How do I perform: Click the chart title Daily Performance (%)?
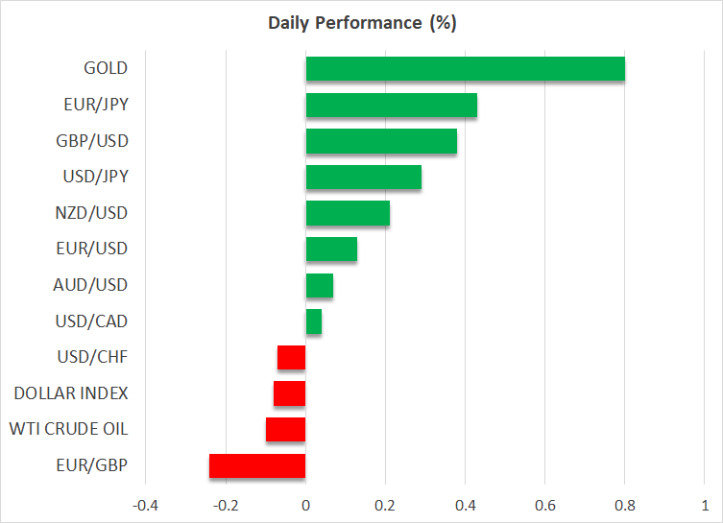[x=361, y=22]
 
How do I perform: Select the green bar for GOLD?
[x=465, y=69]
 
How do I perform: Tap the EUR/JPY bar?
[x=391, y=106]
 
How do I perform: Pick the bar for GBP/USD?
[x=381, y=141]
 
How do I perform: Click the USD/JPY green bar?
[x=363, y=178]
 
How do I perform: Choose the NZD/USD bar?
[x=348, y=213]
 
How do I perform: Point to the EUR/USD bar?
[x=331, y=250]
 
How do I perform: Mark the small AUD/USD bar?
[x=319, y=285]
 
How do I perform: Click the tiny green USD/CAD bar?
[x=313, y=321]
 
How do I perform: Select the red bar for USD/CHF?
[x=292, y=358]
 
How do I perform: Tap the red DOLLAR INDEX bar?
[x=289, y=393]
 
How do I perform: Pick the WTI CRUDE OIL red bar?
[x=285, y=429]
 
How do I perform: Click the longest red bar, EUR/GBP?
[x=257, y=465]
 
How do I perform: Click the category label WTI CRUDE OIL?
[x=70, y=429]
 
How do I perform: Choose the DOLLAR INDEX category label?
[x=71, y=393]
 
